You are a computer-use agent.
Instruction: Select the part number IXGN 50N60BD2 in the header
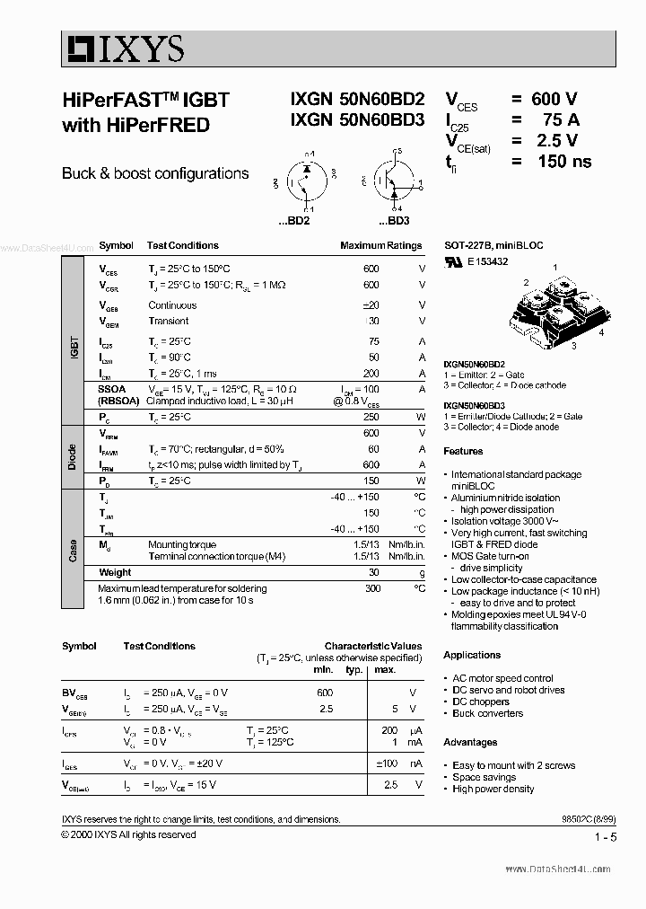coord(357,101)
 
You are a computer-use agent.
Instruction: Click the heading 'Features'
coord(463,451)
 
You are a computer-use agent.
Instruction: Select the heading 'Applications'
coord(472,655)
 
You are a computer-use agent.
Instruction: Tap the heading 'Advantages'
coord(470,742)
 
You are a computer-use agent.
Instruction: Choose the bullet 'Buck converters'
coord(487,713)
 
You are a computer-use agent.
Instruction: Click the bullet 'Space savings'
coord(484,777)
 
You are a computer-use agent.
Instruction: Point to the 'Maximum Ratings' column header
coord(380,245)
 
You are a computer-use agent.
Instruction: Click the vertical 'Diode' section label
coord(73,456)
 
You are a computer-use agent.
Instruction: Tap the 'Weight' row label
coord(115,572)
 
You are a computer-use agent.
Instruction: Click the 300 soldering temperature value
coord(372,588)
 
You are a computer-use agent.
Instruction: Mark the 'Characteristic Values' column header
coord(372,646)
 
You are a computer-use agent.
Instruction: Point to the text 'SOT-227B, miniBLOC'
coord(493,245)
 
